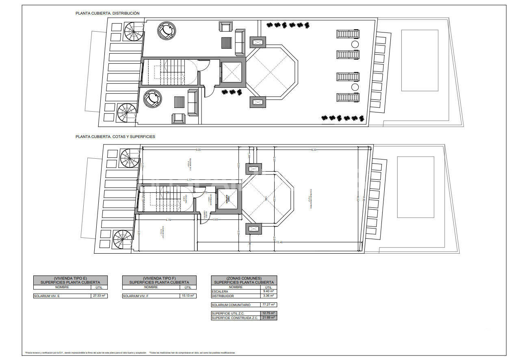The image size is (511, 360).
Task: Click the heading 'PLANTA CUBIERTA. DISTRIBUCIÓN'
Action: pos(107,13)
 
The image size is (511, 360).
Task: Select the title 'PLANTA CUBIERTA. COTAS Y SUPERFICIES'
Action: pos(115,137)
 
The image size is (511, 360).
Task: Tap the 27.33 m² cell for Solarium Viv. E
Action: pos(99,296)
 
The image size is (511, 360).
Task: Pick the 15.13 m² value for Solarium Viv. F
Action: pos(188,296)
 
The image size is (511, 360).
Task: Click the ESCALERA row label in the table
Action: pos(221,291)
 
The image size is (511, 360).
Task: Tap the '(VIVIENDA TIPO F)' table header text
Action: pos(159,278)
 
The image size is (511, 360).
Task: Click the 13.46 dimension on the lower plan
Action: pos(279,242)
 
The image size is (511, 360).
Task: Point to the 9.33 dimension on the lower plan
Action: pos(314,150)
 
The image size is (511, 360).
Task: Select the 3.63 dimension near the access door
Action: pos(216,220)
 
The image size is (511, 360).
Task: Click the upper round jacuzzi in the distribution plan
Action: pos(166,31)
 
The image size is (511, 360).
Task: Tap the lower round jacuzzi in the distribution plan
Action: pos(152,98)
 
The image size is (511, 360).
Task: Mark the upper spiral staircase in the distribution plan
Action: pos(133,32)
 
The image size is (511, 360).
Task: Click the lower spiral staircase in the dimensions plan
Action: pos(123,240)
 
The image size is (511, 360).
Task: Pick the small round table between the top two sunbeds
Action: pos(355,44)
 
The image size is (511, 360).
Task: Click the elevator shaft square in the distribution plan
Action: pos(230,73)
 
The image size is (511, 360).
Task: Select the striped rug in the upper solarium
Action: pos(226,43)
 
